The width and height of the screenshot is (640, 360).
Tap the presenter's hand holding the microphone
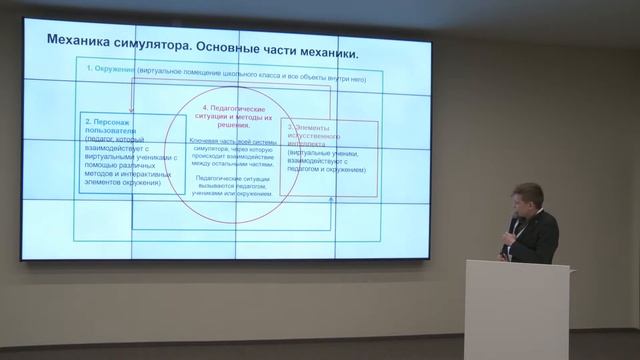(x=513, y=227)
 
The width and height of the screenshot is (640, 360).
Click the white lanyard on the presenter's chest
(x=519, y=244)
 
